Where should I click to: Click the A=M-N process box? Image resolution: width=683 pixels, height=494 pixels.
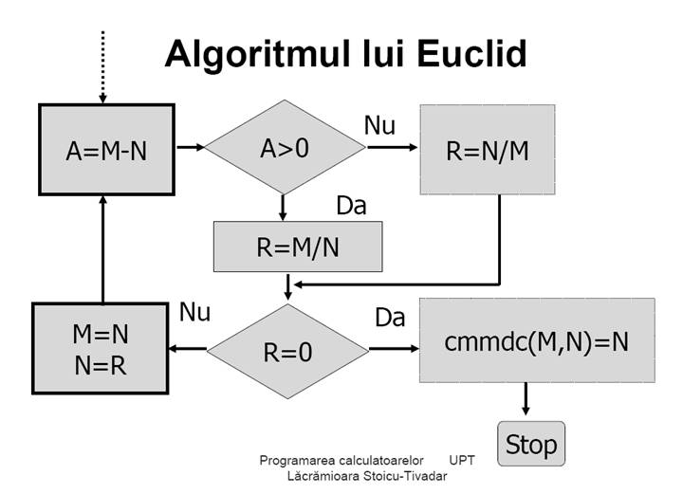pos(106,149)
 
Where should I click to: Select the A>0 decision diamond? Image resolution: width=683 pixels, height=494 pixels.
pos(285,147)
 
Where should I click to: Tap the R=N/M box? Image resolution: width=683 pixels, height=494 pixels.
pos(488,149)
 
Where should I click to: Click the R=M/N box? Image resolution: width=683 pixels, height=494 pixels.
pos(298,247)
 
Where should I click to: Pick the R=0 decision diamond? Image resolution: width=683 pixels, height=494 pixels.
pos(287,351)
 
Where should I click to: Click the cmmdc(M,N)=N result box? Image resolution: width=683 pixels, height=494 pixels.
pos(537,340)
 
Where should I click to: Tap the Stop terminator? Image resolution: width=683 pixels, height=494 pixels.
pos(531,444)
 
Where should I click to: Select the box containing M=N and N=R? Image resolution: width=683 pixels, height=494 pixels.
pos(101,348)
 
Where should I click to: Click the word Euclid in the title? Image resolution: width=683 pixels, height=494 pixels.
pos(471,53)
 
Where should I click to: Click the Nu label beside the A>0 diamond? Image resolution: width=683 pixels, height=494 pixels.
pos(379,125)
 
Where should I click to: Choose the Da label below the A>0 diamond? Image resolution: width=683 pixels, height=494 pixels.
pos(352,206)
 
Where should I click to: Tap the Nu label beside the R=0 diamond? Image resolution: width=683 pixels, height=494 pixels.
pos(194,312)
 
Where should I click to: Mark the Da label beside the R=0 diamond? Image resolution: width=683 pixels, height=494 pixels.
pos(390,318)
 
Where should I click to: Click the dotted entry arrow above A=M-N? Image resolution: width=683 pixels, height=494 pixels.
pos(102,67)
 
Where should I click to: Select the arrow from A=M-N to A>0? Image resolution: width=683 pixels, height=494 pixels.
pos(191,147)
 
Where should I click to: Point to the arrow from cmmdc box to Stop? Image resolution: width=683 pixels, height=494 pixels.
pos(526,398)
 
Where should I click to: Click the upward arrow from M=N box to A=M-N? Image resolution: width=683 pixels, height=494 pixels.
pos(102,249)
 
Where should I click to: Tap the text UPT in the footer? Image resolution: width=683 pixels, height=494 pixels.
pos(462,460)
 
